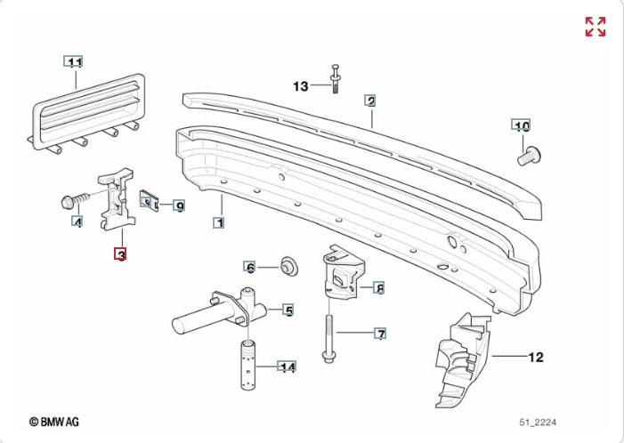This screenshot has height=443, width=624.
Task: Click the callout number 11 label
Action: click(75, 62)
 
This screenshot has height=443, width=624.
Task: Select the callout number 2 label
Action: click(370, 101)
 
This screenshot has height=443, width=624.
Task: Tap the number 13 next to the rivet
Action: click(300, 86)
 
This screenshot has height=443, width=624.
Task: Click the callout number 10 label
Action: click(522, 125)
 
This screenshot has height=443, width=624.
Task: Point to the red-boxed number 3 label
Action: click(120, 254)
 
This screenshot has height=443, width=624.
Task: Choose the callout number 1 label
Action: click(218, 222)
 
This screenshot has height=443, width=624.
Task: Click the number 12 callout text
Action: click(535, 358)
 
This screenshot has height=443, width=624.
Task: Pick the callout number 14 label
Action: click(287, 366)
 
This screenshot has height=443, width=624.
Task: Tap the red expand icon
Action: click(595, 27)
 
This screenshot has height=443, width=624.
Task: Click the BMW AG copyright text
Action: click(55, 421)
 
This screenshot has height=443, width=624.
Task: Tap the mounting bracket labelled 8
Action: click(341, 276)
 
